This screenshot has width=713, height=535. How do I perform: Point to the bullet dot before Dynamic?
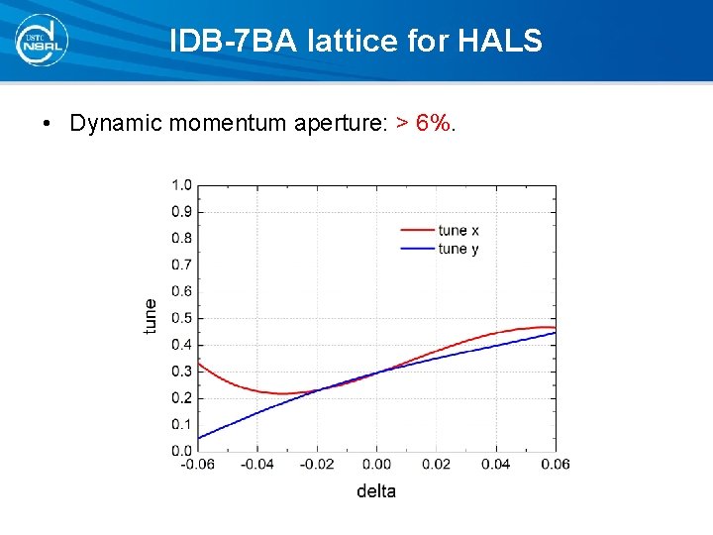[x=47, y=125]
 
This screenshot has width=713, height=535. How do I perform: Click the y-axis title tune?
[x=151, y=316]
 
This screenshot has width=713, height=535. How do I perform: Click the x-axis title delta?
[x=376, y=491]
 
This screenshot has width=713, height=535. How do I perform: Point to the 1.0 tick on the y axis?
[x=181, y=184]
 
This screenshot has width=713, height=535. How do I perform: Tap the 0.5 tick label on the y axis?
[x=181, y=318]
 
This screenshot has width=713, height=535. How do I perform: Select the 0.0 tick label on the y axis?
[x=181, y=451]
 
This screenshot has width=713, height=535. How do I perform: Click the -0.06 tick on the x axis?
[x=198, y=464]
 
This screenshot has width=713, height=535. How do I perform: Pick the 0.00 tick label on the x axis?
[x=376, y=464]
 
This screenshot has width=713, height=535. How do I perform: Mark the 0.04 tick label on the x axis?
[x=496, y=464]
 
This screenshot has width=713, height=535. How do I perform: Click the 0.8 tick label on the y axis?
[x=181, y=238]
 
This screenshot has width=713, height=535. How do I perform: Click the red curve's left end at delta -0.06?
[x=199, y=363]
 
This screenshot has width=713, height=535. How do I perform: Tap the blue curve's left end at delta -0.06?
[x=199, y=438]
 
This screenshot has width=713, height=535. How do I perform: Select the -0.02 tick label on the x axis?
[x=317, y=464]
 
